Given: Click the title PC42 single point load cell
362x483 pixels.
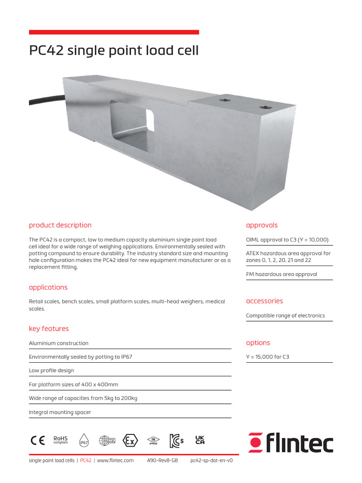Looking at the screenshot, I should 114,50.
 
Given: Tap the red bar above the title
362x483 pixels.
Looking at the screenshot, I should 114,32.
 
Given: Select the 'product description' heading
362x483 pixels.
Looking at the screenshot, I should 60,225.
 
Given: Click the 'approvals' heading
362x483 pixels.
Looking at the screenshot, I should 262,225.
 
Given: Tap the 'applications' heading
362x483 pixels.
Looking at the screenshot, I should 48,287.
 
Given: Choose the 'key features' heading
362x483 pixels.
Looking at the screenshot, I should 49,329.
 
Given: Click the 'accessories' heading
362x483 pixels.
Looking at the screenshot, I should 264,301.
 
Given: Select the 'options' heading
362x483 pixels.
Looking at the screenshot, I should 258,343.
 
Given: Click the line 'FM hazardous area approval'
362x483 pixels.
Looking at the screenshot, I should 281,274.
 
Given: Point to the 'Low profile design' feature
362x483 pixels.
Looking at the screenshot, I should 51,371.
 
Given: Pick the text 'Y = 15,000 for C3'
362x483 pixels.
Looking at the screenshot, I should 267,357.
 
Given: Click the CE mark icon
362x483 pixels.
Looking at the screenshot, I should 38,440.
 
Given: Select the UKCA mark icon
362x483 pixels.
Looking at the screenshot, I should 200,440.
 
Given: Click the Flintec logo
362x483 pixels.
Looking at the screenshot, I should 290,442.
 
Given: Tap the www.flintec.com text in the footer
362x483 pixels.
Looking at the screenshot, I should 115,460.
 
